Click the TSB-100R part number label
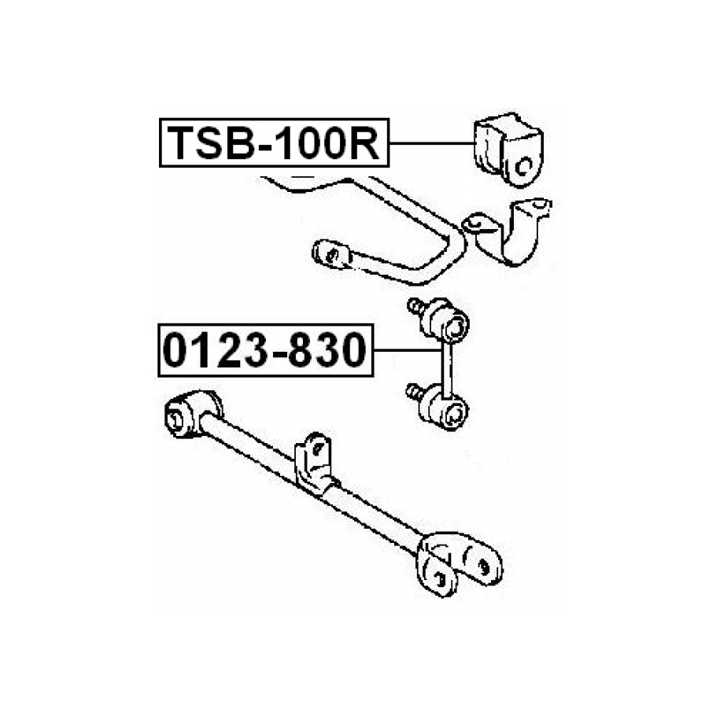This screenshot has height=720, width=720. tap(274, 143)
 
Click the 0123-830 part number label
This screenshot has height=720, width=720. tap(264, 352)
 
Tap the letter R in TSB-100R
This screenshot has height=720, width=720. tap(365, 143)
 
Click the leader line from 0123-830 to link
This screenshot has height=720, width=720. tap(405, 351)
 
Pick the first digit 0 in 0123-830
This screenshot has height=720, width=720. tap(176, 352)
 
